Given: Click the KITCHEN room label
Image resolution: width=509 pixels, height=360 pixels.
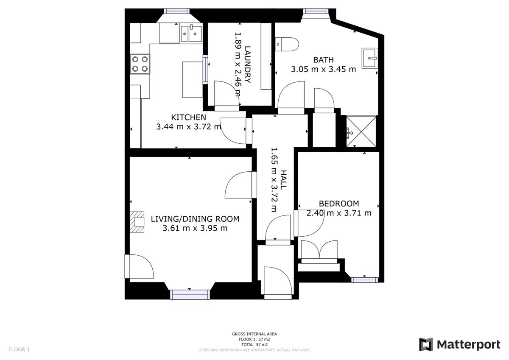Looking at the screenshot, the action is click(188, 117).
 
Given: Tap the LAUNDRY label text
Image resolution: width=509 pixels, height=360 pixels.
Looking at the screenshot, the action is click(247, 64).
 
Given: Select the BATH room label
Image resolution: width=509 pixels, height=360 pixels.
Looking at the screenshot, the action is click(323, 60).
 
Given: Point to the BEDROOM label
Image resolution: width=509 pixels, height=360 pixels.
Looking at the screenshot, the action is click(339, 204).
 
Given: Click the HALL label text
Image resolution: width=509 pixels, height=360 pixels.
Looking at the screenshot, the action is click(283, 180).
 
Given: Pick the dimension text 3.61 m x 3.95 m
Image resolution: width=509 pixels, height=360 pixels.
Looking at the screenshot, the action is click(195, 228).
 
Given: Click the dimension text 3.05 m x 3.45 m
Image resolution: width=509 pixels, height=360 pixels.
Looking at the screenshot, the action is click(323, 69).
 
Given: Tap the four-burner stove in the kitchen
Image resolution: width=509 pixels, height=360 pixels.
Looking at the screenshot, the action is click(140, 64).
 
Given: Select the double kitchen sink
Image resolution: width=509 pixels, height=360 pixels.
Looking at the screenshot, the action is click(191, 33).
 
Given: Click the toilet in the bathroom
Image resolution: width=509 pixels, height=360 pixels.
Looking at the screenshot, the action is click(287, 44).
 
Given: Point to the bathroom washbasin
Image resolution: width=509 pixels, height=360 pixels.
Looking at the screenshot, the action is click(370, 58).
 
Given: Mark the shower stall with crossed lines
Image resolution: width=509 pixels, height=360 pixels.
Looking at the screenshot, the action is click(361, 131).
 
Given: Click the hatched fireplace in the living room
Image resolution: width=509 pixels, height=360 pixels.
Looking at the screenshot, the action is click(137, 222).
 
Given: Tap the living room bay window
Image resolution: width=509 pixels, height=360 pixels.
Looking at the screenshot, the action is click(190, 295).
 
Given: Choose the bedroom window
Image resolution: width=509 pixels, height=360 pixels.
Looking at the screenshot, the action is click(365, 280).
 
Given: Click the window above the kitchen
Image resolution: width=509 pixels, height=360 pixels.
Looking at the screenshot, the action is click(177, 11).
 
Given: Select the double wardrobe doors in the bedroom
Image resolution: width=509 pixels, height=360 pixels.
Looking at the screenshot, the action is click(319, 251).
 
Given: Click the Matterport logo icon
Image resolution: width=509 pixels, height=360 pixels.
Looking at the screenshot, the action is click(426, 344).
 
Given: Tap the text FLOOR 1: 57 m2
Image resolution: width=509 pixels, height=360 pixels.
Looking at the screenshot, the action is click(254, 339).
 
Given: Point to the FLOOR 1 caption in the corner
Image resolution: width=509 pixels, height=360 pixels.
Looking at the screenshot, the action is click(19, 349).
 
